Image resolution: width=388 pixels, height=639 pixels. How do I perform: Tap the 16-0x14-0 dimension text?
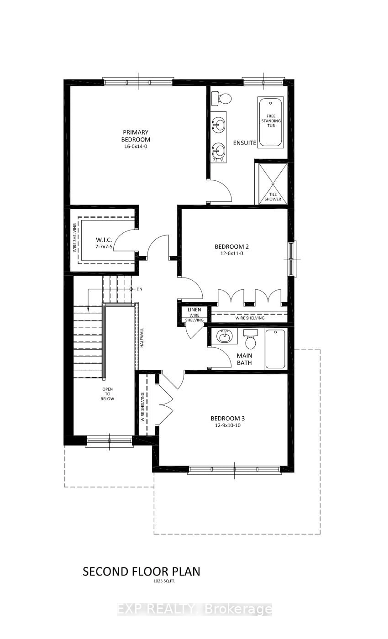pyautogui.click(x=135, y=146)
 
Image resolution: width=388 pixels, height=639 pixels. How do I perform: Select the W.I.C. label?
pyautogui.click(x=104, y=240)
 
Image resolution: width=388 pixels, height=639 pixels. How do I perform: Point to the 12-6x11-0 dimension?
pyautogui.click(x=232, y=253)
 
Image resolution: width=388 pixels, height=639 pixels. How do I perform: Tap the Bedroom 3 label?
pyautogui.click(x=227, y=418)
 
